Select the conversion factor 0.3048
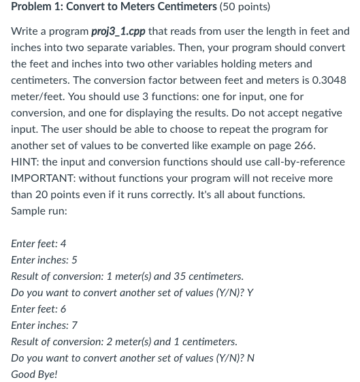(x=329, y=80)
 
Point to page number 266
(x=305, y=146)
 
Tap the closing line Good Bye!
(x=34, y=375)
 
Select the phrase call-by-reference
(x=304, y=162)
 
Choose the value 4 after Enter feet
(x=63, y=244)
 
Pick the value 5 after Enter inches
(x=74, y=260)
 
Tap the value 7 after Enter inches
(x=74, y=325)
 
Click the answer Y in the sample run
(x=250, y=293)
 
